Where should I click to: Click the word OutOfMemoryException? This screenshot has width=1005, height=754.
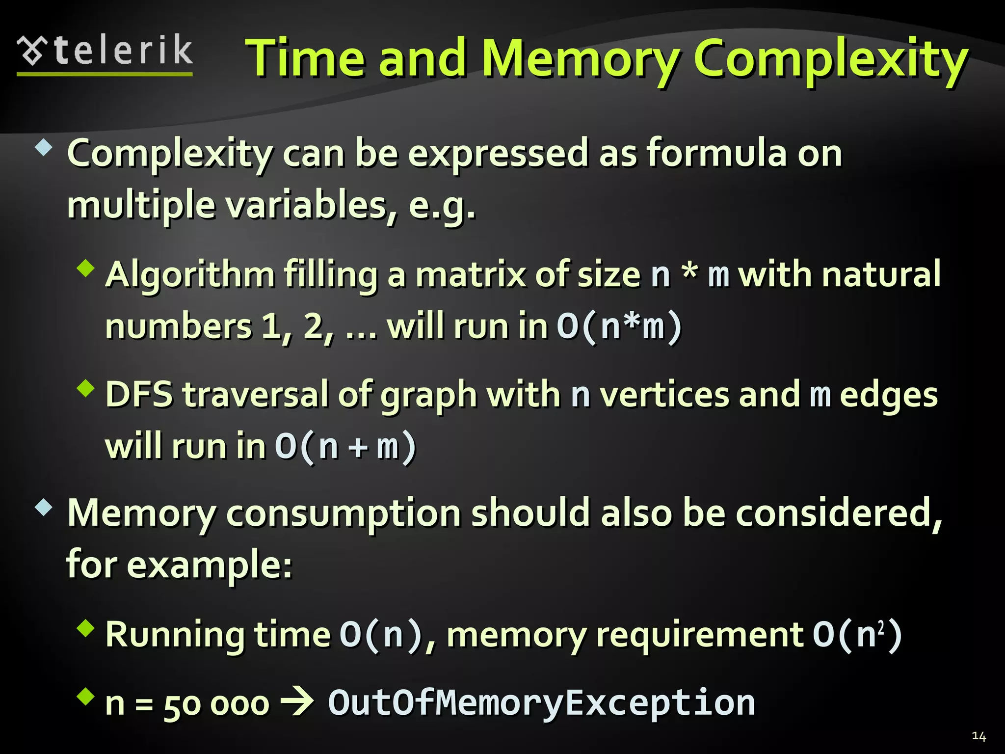(541, 703)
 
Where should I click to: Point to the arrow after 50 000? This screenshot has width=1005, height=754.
(297, 702)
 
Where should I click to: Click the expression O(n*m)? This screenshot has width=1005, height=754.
(619, 326)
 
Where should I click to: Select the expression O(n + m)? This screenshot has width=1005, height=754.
(345, 447)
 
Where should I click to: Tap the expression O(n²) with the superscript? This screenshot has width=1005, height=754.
(857, 635)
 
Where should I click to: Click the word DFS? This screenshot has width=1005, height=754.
(139, 395)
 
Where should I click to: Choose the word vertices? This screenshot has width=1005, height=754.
(665, 395)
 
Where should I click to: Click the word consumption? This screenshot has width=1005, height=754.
(343, 513)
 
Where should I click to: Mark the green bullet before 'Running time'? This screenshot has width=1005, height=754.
(86, 628)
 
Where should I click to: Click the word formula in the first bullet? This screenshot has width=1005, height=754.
(716, 153)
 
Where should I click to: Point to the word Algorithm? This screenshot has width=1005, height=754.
(190, 275)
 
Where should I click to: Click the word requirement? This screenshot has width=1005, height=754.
(699, 635)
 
